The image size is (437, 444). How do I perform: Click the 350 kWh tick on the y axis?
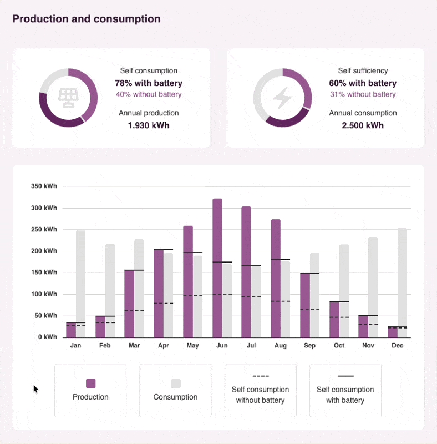pyautogui.click(x=44, y=186)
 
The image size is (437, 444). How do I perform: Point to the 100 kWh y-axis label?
pyautogui.click(x=44, y=294)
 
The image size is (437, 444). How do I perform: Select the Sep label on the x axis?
pyautogui.click(x=309, y=346)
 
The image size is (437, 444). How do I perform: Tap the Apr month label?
pyautogui.click(x=163, y=346)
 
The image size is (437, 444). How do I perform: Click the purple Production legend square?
pyautogui.click(x=91, y=384)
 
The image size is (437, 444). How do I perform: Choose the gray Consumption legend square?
pyautogui.click(x=176, y=384)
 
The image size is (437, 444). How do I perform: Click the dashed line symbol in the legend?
pyautogui.click(x=260, y=376)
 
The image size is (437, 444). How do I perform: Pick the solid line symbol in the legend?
pyautogui.click(x=345, y=376)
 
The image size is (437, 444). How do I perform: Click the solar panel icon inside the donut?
pyautogui.click(x=68, y=98)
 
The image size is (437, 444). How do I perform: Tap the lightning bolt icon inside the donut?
pyautogui.click(x=282, y=98)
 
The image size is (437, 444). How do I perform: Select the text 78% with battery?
pyautogui.click(x=149, y=83)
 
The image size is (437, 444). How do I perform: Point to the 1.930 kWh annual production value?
pyautogui.click(x=149, y=125)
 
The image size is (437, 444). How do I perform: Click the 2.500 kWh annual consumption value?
pyautogui.click(x=363, y=125)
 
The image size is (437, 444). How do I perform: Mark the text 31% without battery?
pyautogui.click(x=363, y=94)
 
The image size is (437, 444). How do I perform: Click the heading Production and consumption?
pyautogui.click(x=87, y=19)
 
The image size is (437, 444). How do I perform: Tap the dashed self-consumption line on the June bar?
pyautogui.click(x=222, y=295)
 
